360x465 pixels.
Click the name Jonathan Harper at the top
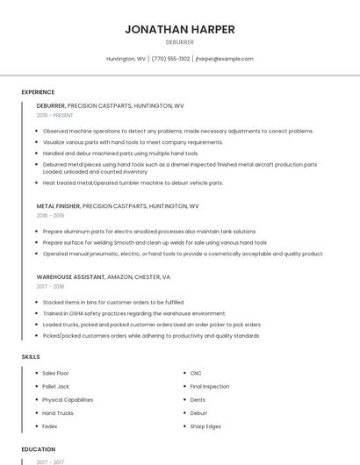[x=179, y=29]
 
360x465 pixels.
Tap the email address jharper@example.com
[x=224, y=59]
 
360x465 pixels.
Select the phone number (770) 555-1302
[x=170, y=59]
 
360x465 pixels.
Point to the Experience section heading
[x=38, y=92]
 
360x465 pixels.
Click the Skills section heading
[x=30, y=357]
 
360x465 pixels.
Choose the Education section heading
[x=38, y=449]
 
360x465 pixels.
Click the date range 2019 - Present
[x=54, y=115]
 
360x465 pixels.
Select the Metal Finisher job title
[x=58, y=205]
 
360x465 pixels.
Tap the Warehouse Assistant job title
[x=69, y=276]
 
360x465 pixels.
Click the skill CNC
[x=196, y=373]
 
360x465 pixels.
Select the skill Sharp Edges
[x=205, y=426]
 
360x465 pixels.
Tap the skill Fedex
[x=50, y=426]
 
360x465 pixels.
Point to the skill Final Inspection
[x=210, y=386]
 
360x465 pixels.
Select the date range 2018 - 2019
[x=50, y=215]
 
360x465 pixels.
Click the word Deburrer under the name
[x=179, y=41]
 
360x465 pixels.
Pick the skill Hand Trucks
[x=58, y=412]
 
